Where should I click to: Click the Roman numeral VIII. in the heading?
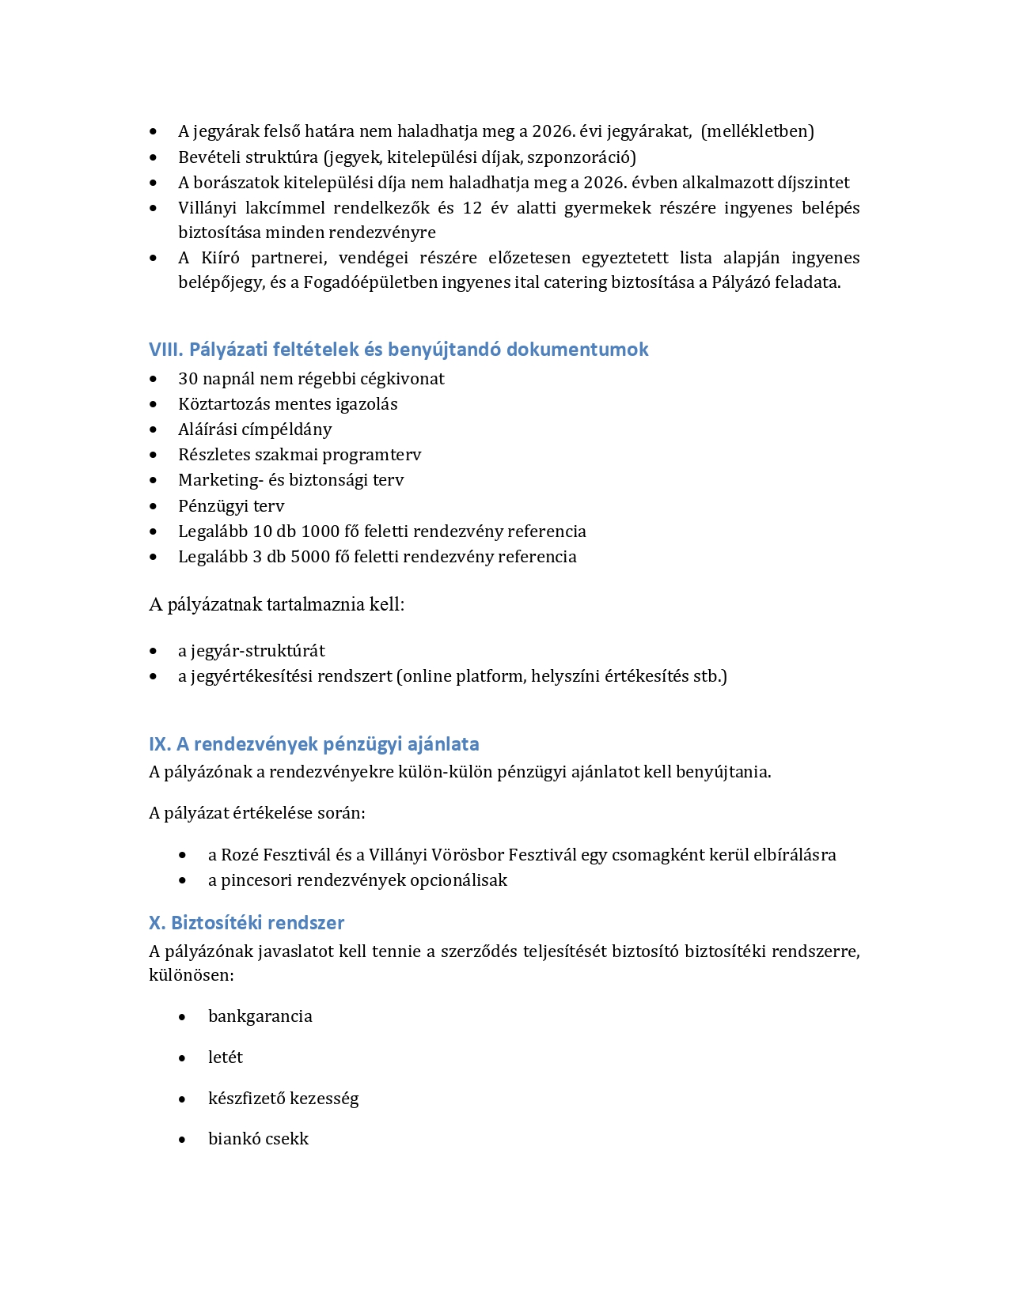point(166,350)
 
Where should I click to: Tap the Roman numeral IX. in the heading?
point(160,744)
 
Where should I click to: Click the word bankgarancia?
point(260,1016)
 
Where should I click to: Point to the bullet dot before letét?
point(183,1058)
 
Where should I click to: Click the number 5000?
point(310,557)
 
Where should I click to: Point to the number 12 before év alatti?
point(472,208)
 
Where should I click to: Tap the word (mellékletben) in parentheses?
point(757,131)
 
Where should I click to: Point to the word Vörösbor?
point(468,855)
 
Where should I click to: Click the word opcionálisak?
point(458,880)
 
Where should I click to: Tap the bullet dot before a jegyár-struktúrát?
point(154,652)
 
